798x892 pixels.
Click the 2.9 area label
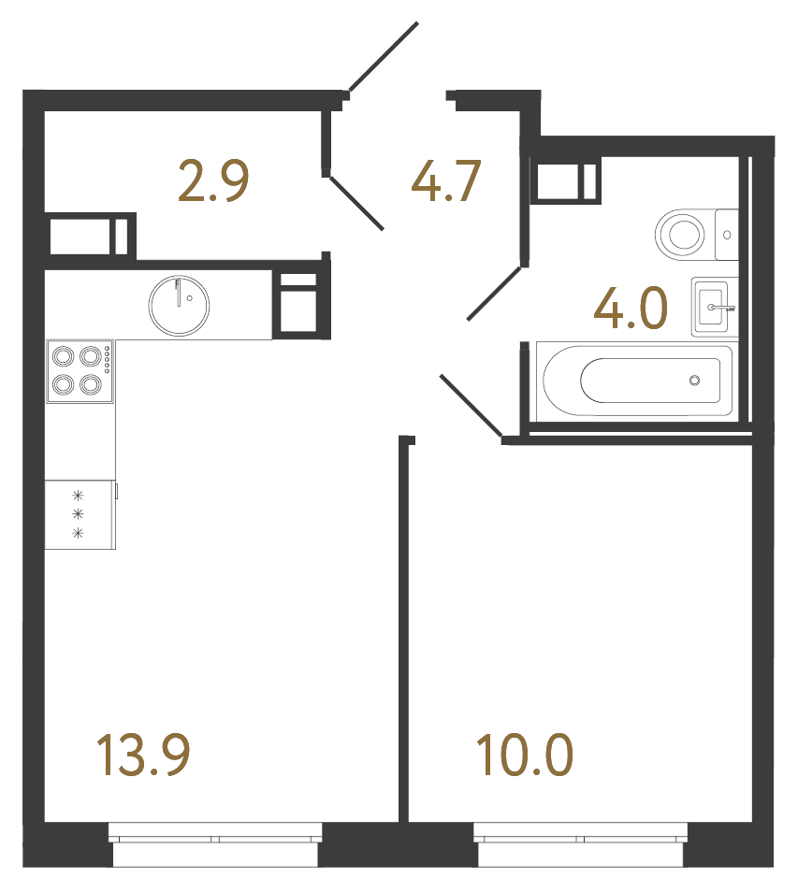click(x=213, y=181)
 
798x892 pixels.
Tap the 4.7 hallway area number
click(x=445, y=181)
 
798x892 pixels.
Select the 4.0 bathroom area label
click(x=630, y=309)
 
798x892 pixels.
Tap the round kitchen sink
click(x=179, y=305)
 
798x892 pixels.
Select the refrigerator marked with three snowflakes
click(x=80, y=515)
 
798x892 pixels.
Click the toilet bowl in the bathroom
click(x=682, y=234)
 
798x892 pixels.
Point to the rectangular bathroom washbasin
click(x=714, y=307)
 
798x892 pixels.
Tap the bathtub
click(x=635, y=380)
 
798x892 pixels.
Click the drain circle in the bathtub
click(x=694, y=380)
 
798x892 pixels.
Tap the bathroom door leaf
click(x=495, y=294)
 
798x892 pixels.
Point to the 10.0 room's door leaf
click(x=471, y=406)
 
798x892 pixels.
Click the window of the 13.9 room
click(x=216, y=842)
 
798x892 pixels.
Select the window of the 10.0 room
click(x=581, y=842)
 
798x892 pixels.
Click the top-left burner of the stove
click(x=65, y=356)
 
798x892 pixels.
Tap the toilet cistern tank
click(x=727, y=235)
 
